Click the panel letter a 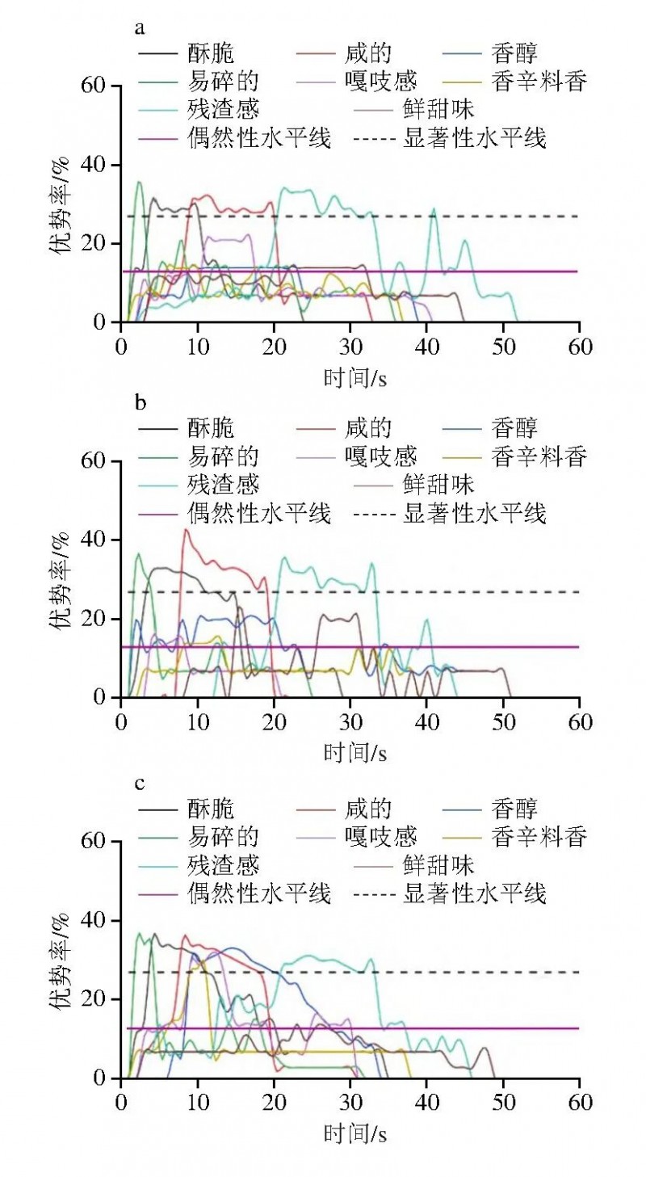point(140,29)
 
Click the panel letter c point(140,784)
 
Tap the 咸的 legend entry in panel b point(368,428)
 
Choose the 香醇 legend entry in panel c point(514,809)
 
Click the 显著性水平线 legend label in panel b point(474,513)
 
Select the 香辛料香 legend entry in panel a point(538,82)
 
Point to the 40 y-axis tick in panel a point(97,165)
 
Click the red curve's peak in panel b point(187,530)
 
